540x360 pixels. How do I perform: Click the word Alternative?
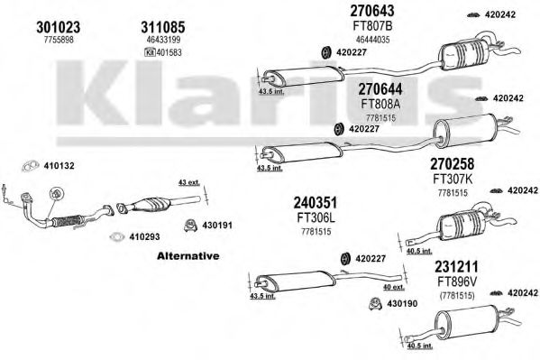coord(188,256)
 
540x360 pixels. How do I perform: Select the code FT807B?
coord(371,27)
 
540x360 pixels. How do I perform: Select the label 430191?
coord(216,225)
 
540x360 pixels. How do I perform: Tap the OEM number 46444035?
coord(371,40)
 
